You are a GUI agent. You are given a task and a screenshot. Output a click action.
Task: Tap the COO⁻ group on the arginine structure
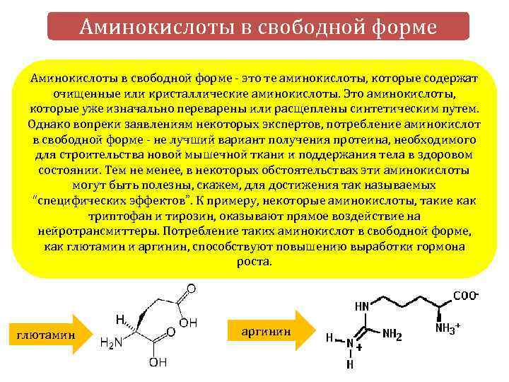pyautogui.click(x=465, y=296)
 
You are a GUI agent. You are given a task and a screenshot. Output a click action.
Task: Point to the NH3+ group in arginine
pyautogui.click(x=447, y=328)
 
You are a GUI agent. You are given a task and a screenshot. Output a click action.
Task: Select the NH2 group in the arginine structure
pyautogui.click(x=392, y=335)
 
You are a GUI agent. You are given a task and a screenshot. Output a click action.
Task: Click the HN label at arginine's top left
pyautogui.click(x=362, y=306)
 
